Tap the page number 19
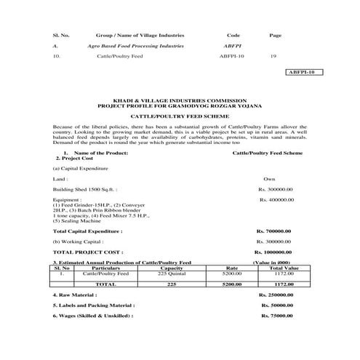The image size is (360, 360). point(273,55)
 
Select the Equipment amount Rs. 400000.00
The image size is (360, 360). point(277,199)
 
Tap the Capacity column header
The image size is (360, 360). point(170,268)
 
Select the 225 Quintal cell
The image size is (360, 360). point(172,273)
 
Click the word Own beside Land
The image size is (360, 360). point(269,177)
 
